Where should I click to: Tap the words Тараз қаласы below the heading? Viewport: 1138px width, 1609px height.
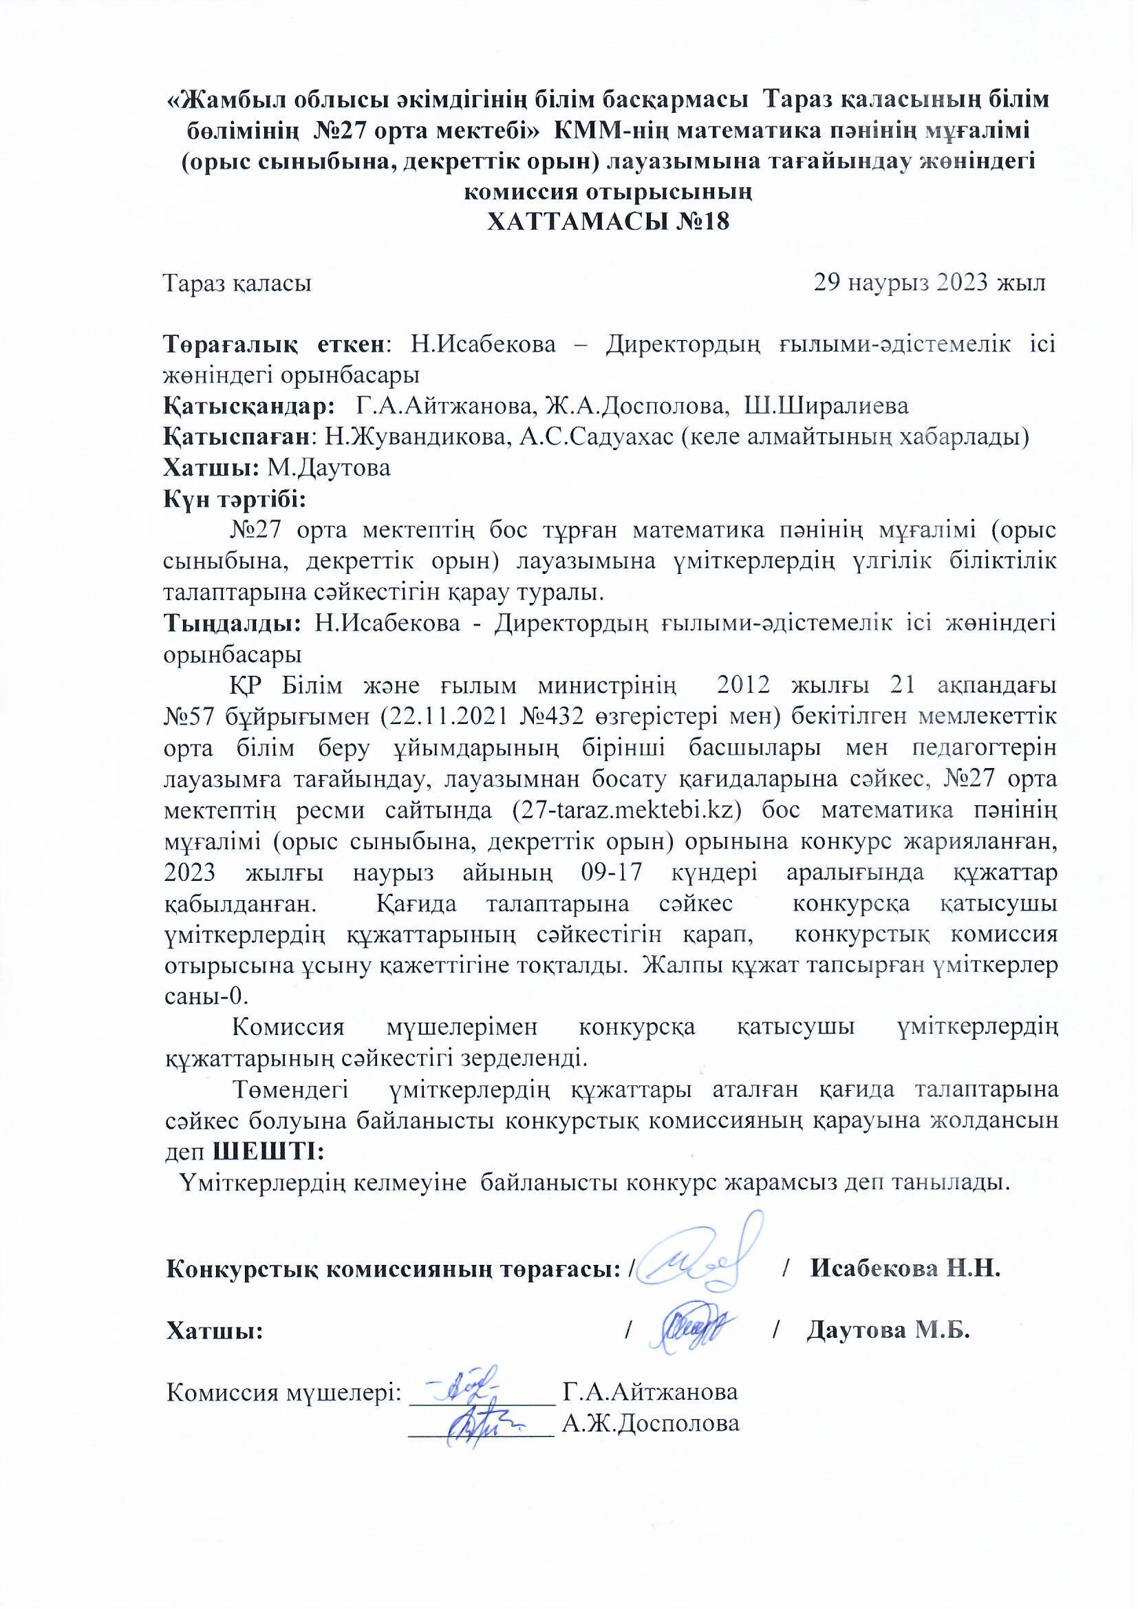click(x=237, y=284)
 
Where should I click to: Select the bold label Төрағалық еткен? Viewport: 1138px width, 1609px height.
click(x=274, y=345)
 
